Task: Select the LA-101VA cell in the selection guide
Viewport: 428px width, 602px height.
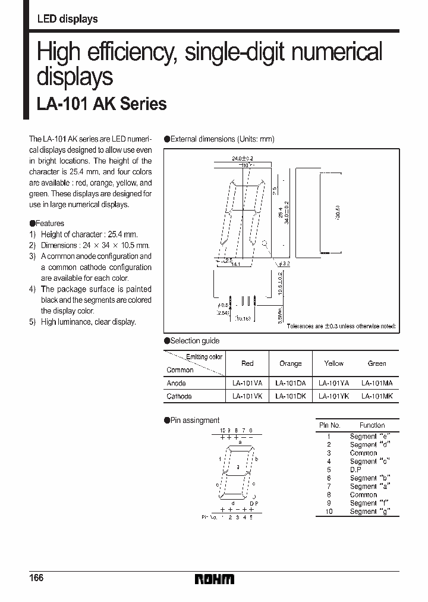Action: click(247, 384)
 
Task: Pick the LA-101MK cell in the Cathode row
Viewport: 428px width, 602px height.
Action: click(377, 396)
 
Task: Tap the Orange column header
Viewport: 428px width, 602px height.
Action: click(290, 363)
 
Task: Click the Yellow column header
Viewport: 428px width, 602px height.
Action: click(333, 363)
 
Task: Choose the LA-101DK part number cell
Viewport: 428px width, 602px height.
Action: click(290, 396)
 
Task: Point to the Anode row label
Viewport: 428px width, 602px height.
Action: click(177, 384)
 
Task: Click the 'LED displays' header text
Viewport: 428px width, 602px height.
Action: click(67, 19)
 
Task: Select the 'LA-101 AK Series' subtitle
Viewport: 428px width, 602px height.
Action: click(102, 104)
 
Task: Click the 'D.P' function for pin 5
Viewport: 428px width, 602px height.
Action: click(355, 469)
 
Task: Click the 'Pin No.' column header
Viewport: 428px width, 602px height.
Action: click(329, 425)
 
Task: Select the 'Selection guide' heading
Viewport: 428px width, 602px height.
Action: click(194, 341)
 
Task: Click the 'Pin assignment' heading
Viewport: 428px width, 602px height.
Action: click(194, 420)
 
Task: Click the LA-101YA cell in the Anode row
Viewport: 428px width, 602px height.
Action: click(333, 384)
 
